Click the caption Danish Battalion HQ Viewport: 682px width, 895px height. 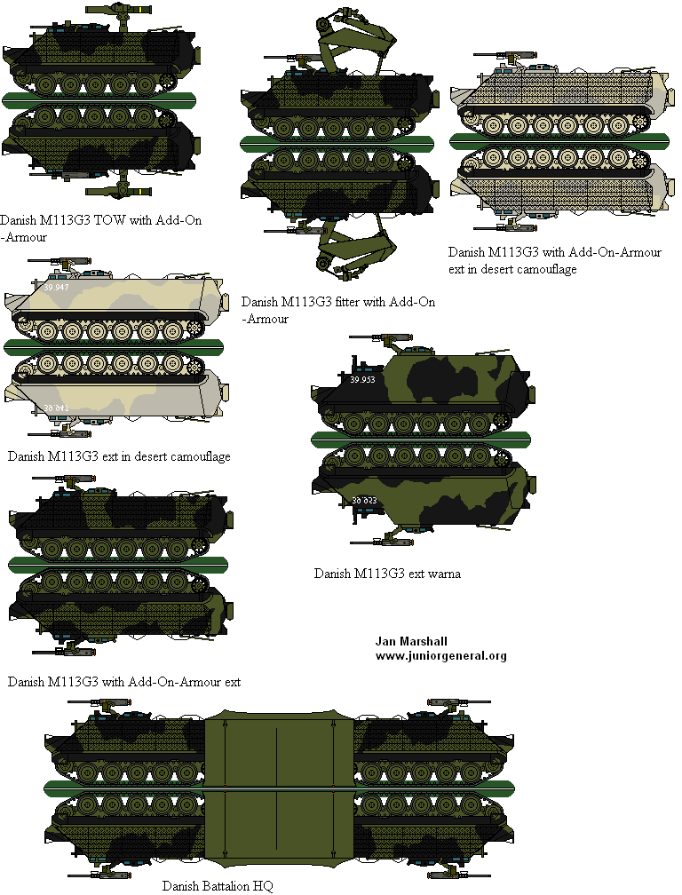click(x=218, y=885)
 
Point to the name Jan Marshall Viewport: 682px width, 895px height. click(x=410, y=641)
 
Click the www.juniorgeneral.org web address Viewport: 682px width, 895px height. click(x=440, y=656)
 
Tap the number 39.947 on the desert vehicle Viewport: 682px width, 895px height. click(x=55, y=288)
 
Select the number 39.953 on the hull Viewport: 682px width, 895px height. click(x=364, y=380)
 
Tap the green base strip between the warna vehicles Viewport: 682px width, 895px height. click(x=421, y=437)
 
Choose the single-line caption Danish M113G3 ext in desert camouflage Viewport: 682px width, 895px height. click(x=119, y=456)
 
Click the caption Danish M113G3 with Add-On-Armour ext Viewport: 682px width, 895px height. click(x=124, y=682)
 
